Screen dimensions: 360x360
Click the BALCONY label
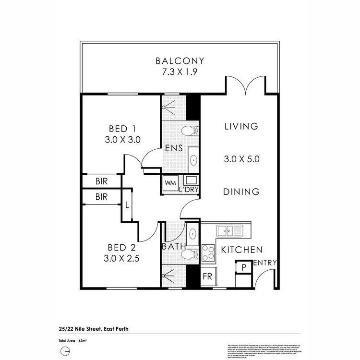(x=180, y=61)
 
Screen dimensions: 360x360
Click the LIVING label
(x=241, y=126)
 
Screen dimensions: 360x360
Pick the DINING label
(x=241, y=192)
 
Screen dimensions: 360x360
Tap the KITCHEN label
(x=241, y=250)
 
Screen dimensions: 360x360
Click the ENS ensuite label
(x=173, y=148)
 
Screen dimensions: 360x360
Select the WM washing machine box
(x=170, y=183)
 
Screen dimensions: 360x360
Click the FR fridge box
(x=207, y=277)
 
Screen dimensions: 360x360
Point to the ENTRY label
(x=264, y=262)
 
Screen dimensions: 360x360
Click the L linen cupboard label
(x=127, y=205)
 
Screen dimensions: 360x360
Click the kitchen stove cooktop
(x=208, y=252)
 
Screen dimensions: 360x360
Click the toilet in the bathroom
(x=190, y=254)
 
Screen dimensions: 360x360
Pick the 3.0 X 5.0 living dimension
(x=241, y=160)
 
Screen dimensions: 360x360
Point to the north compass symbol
(x=63, y=351)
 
